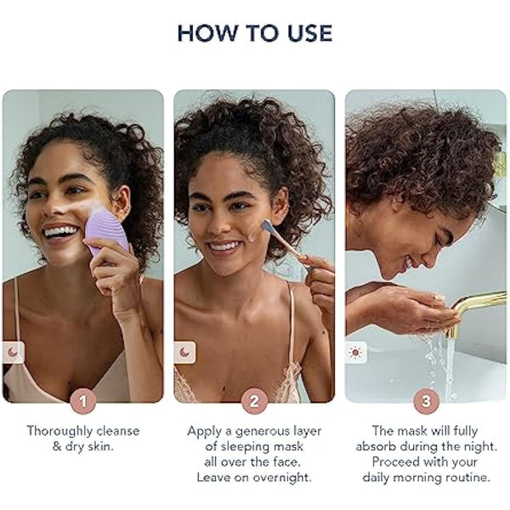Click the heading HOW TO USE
[x=254, y=33]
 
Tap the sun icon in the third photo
[x=356, y=351]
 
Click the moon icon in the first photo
[x=14, y=351]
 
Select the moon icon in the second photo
[x=185, y=351]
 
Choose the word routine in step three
[x=470, y=477]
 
